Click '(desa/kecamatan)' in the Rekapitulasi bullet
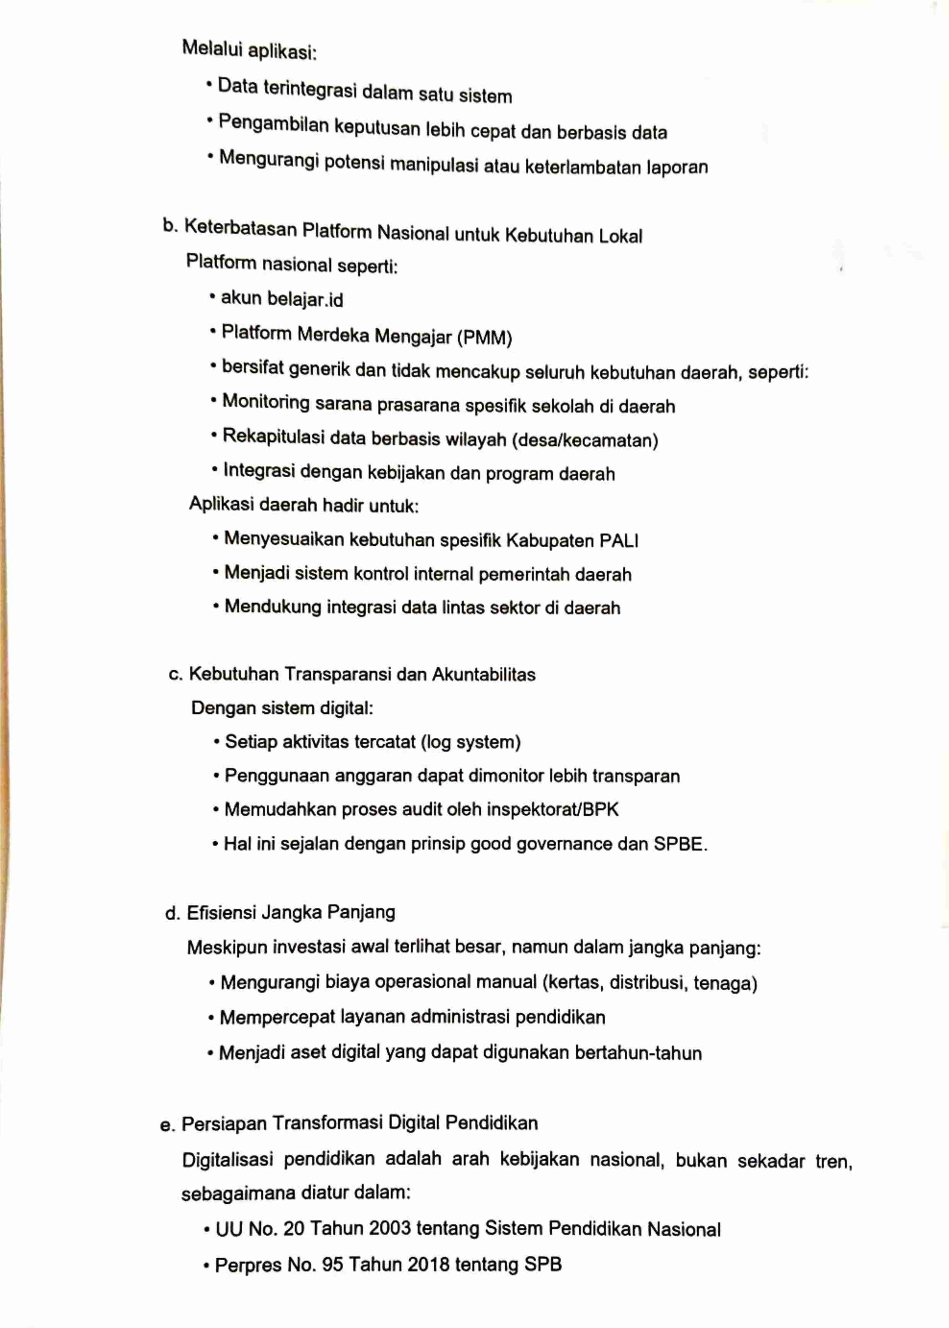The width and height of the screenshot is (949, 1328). pyautogui.click(x=585, y=440)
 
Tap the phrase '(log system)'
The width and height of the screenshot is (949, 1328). pyautogui.click(x=470, y=742)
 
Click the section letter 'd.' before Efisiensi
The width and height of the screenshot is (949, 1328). pyautogui.click(x=172, y=914)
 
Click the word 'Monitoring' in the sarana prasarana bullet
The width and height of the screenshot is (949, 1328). pyautogui.click(x=266, y=402)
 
